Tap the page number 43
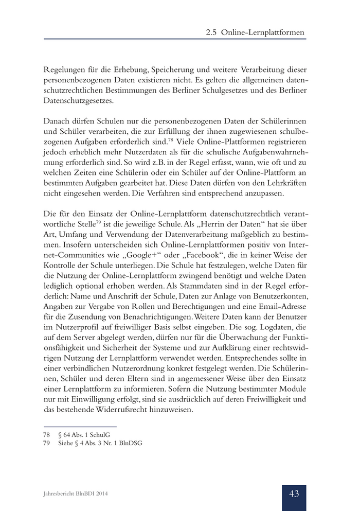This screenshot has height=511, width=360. (294, 494)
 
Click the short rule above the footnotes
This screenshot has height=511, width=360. (80, 427)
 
